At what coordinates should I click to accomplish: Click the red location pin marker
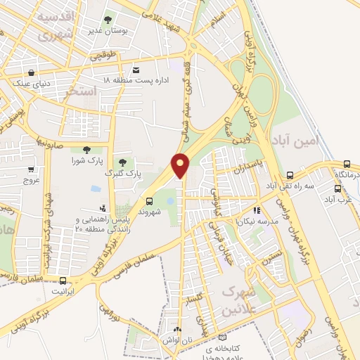coord(181,165)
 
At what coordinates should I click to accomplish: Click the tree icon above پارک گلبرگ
coord(124,162)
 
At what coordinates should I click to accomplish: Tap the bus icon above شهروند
coord(148,201)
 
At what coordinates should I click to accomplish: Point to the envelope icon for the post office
coord(136,70)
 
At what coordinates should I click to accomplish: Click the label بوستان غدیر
coord(107,30)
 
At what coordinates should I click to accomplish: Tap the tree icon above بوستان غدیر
coord(107,20)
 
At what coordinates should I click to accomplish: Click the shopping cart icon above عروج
coord(31,169)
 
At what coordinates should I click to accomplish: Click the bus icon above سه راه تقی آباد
coord(290,176)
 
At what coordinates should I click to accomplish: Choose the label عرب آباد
coord(340,199)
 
